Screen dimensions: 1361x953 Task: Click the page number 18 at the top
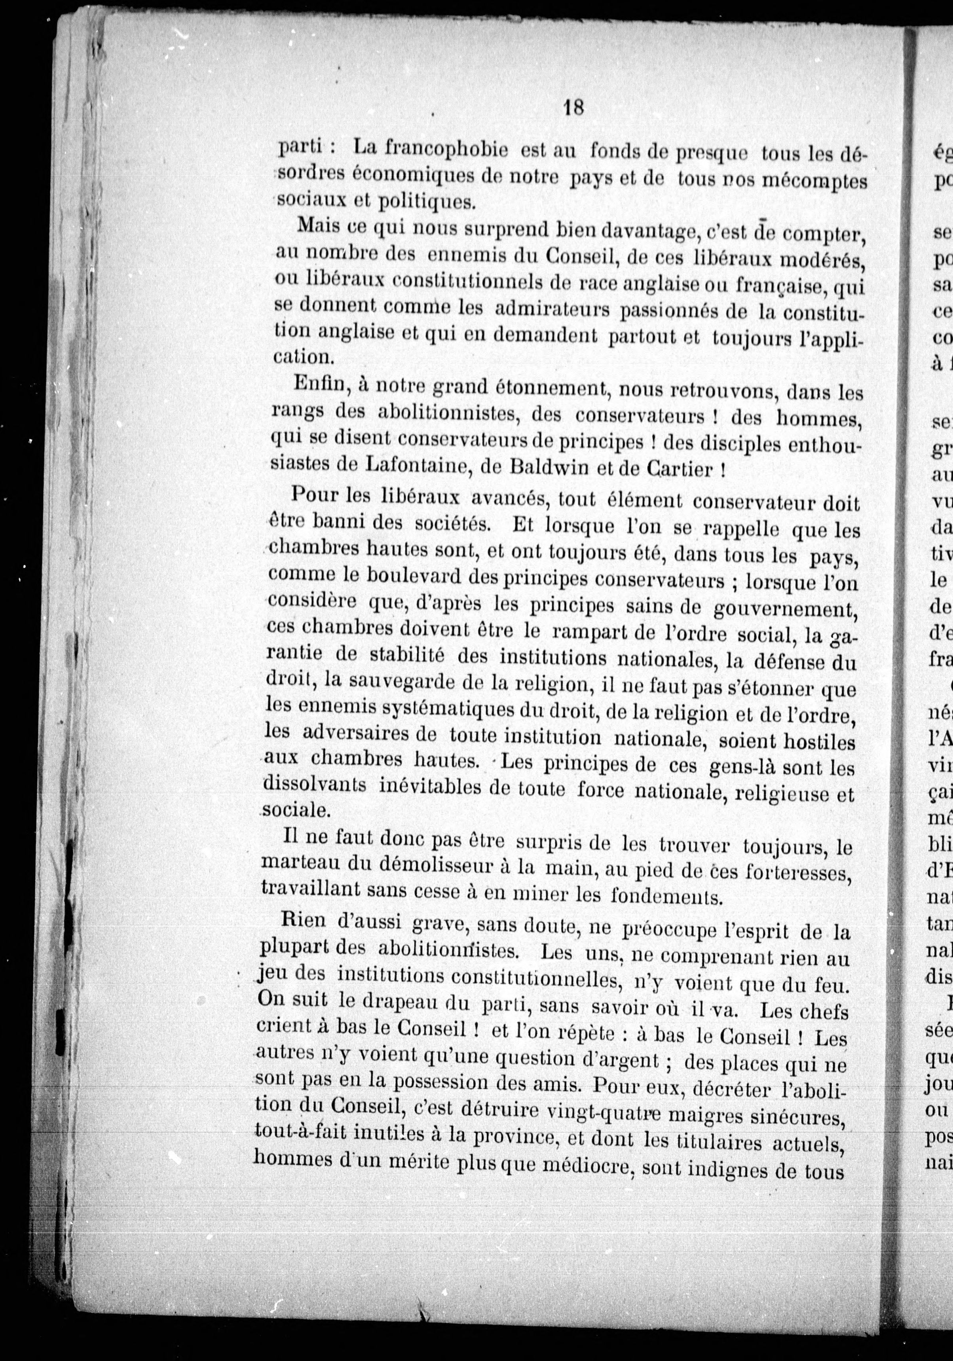click(x=574, y=108)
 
